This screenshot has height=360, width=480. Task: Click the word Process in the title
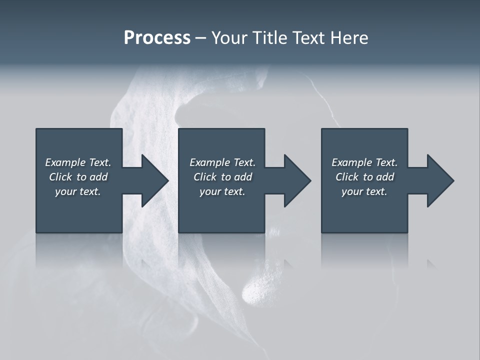click(x=157, y=38)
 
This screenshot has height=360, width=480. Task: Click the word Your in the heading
click(x=229, y=38)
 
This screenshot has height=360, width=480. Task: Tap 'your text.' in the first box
click(x=78, y=191)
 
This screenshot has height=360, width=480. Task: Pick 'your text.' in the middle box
click(x=222, y=191)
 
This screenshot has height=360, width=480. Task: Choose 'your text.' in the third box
click(x=364, y=191)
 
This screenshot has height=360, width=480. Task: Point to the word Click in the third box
click(x=347, y=177)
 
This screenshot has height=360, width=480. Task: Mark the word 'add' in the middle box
click(x=243, y=177)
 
